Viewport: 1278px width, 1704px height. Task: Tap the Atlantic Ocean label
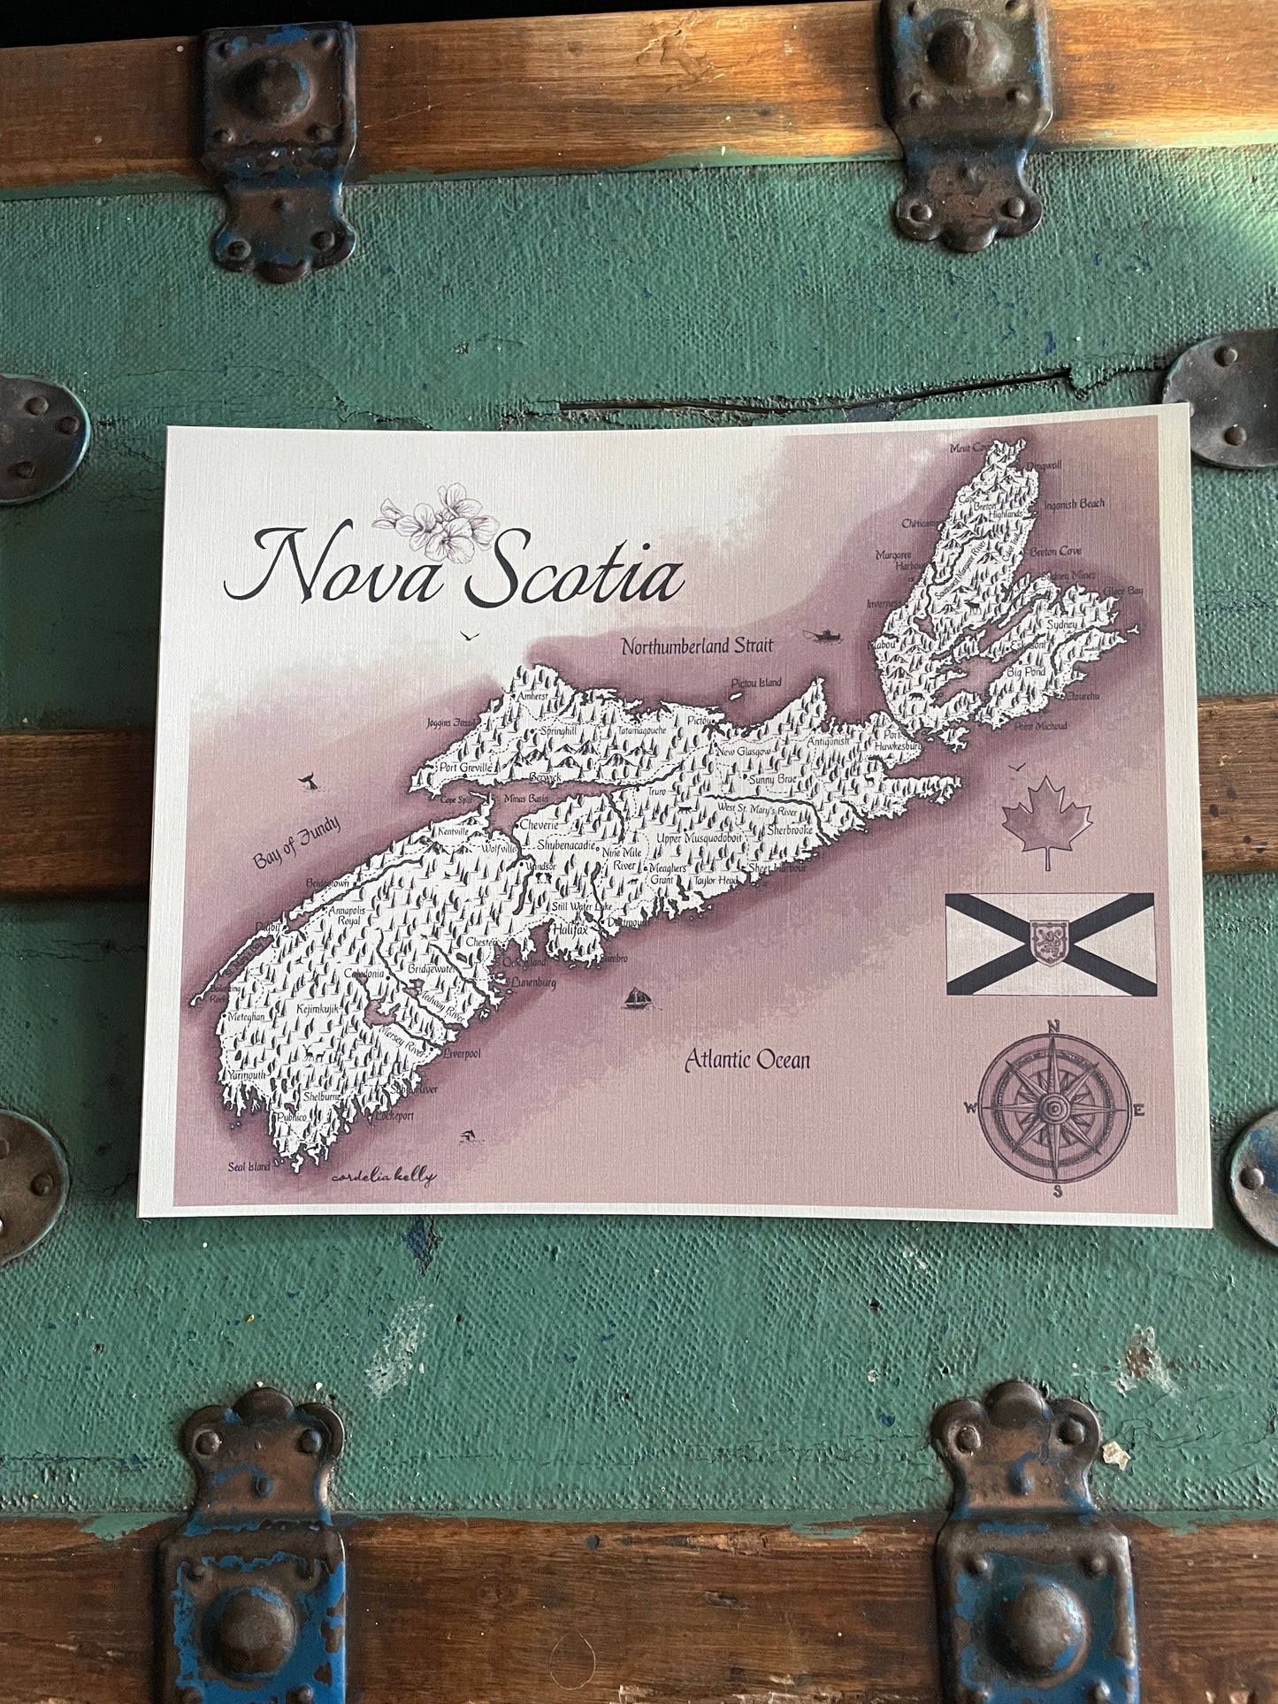pyautogui.click(x=747, y=1059)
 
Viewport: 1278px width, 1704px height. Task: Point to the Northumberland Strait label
pyautogui.click(x=696, y=646)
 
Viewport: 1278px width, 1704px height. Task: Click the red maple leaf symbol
pyautogui.click(x=1046, y=821)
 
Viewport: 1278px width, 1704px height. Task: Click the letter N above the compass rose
pyautogui.click(x=1053, y=1027)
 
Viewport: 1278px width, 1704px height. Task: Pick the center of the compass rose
pyautogui.click(x=1053, y=1109)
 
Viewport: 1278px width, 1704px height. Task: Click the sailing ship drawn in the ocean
pyautogui.click(x=638, y=997)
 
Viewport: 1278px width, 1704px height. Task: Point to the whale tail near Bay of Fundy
pyautogui.click(x=307, y=781)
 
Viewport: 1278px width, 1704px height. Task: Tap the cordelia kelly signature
pyautogui.click(x=384, y=1177)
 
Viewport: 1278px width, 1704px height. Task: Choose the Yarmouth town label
pyautogui.click(x=247, y=1074)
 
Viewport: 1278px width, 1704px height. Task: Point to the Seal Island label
pyautogui.click(x=249, y=1166)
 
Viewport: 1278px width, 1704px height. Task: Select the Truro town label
pyautogui.click(x=656, y=791)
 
